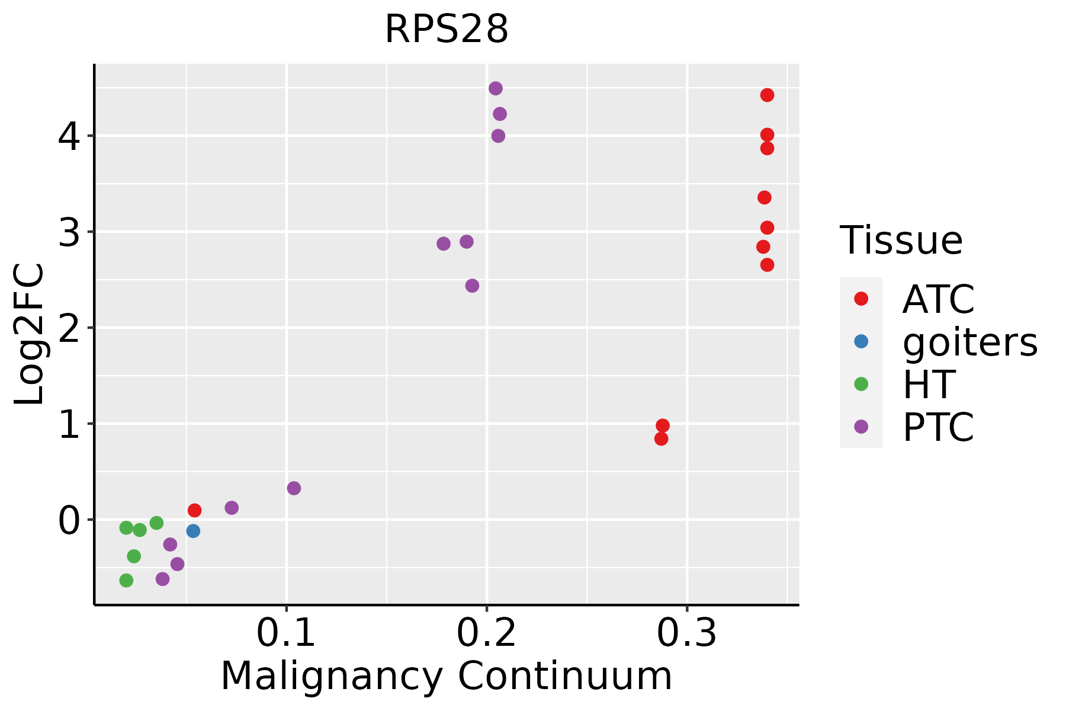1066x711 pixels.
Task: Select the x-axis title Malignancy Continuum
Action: (447, 677)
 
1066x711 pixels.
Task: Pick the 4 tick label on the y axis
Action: (68, 136)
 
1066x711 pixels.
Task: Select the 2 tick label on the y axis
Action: (68, 328)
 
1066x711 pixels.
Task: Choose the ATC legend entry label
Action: (938, 299)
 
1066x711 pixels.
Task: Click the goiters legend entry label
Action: (969, 342)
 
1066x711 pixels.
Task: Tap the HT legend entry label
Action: (929, 385)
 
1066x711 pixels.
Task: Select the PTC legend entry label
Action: (938, 427)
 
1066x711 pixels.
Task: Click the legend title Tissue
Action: (901, 241)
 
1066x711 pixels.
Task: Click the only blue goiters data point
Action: (193, 531)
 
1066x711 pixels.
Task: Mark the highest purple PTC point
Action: (496, 88)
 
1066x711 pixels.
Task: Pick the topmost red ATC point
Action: (767, 95)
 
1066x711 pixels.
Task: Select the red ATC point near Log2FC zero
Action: (194, 510)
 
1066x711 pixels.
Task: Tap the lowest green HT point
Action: (126, 580)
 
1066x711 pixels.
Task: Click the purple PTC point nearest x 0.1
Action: (294, 488)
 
